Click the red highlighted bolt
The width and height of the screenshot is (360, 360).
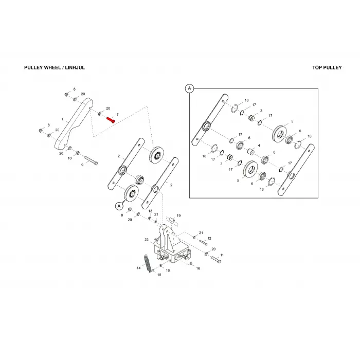coord(111,120)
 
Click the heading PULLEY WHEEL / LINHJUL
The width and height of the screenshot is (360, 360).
coord(55,67)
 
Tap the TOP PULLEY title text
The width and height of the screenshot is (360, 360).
coord(327,67)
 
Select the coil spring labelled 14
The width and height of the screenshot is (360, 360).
coord(148,263)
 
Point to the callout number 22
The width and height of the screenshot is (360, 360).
coord(147,240)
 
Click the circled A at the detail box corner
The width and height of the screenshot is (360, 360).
coord(189,88)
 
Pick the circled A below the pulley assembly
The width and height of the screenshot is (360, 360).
coord(119,206)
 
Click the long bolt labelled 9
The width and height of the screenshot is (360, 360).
coord(91,160)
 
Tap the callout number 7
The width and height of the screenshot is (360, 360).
coord(118,115)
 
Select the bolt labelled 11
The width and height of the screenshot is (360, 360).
coord(215,259)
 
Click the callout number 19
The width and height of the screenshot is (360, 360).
coord(178,215)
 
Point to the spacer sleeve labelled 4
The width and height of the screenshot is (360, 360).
coord(251,151)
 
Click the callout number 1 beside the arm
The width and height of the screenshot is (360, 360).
coord(62,119)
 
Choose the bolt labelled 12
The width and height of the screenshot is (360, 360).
coord(204,242)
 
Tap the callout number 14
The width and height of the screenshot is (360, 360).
coord(138,268)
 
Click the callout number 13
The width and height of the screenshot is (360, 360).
coord(150,211)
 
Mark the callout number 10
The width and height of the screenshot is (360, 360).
coord(69,158)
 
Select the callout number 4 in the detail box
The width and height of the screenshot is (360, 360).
coord(259,146)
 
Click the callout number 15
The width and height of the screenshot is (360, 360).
coord(159,275)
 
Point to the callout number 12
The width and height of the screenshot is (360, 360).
coord(209,238)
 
